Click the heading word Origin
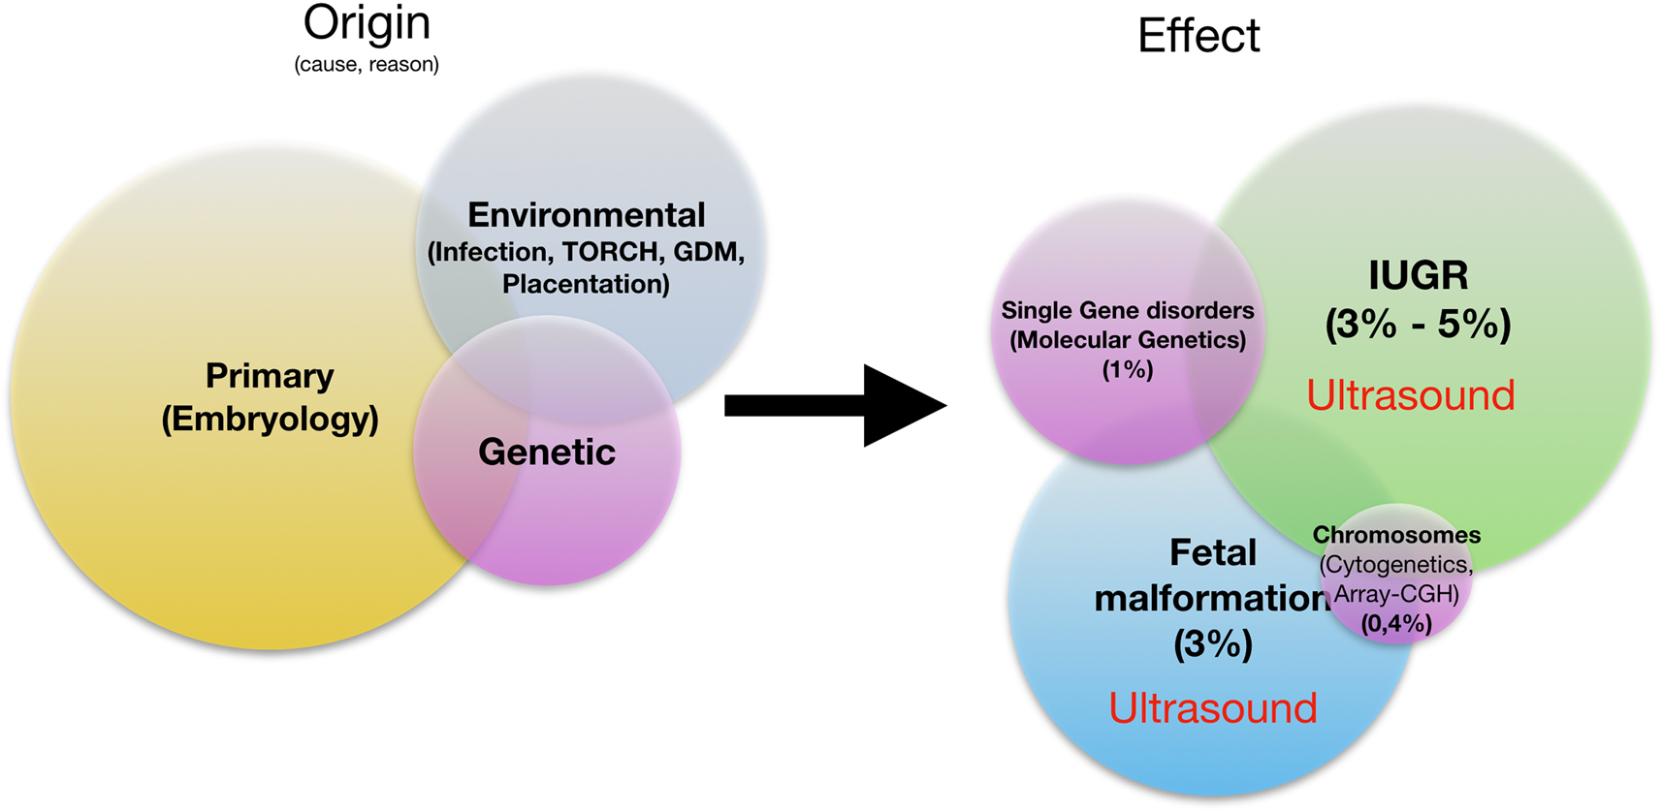click(x=367, y=23)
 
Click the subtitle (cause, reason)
click(x=367, y=65)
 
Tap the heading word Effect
click(x=1199, y=37)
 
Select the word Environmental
click(x=586, y=215)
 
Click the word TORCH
click(x=610, y=252)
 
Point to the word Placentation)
click(x=586, y=284)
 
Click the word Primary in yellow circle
click(x=270, y=375)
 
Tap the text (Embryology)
click(x=270, y=419)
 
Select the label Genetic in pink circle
click(x=547, y=452)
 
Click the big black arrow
click(x=834, y=406)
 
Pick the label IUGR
click(x=1418, y=275)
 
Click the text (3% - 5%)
click(x=1418, y=324)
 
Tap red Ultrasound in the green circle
click(x=1410, y=395)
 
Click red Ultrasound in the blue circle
click(x=1212, y=708)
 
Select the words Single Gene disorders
click(x=1127, y=311)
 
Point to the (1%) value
click(x=1127, y=369)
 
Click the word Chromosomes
click(x=1396, y=535)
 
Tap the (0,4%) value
click(x=1396, y=624)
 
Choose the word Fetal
click(x=1212, y=552)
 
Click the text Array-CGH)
click(x=1396, y=594)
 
